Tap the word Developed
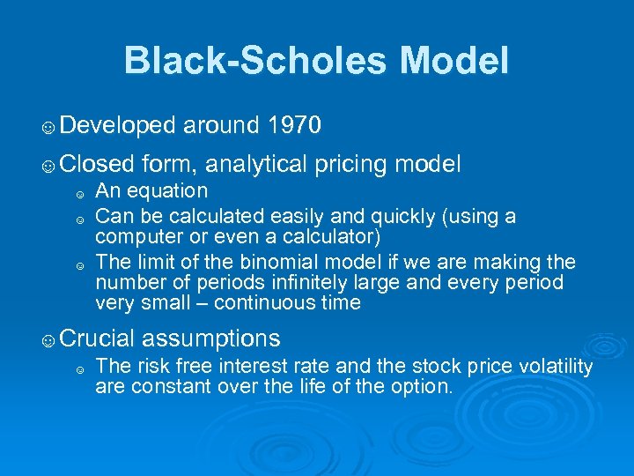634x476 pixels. coord(119,126)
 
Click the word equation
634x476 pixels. coord(167,191)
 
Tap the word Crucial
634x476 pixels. coord(98,338)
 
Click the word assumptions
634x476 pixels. coord(210,338)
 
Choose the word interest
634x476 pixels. coord(263,367)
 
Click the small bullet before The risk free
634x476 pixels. coord(79,369)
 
